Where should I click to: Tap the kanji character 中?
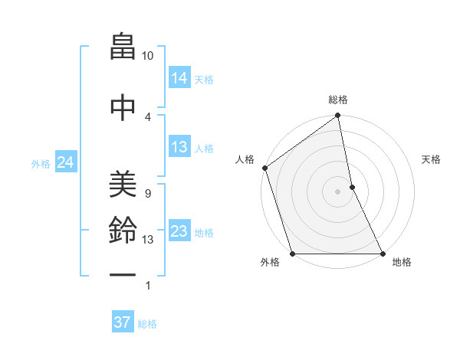click(x=123, y=106)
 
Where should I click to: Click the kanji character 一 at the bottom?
click(x=123, y=273)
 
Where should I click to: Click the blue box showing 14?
click(x=179, y=78)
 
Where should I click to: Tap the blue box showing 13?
click(x=179, y=148)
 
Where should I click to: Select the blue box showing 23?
click(x=179, y=231)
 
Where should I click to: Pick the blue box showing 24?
click(x=66, y=162)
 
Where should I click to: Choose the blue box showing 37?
click(x=123, y=322)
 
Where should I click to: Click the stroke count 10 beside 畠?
click(x=148, y=56)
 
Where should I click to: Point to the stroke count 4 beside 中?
click(x=148, y=116)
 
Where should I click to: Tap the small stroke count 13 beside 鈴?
click(x=148, y=240)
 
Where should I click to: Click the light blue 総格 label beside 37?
click(x=147, y=324)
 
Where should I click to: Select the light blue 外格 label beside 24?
click(x=41, y=163)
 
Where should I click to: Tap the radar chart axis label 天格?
click(x=432, y=159)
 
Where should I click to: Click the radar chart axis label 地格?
click(x=402, y=262)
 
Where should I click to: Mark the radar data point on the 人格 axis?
click(x=265, y=168)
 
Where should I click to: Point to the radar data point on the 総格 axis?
click(x=337, y=116)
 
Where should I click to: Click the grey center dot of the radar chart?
click(x=337, y=191)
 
